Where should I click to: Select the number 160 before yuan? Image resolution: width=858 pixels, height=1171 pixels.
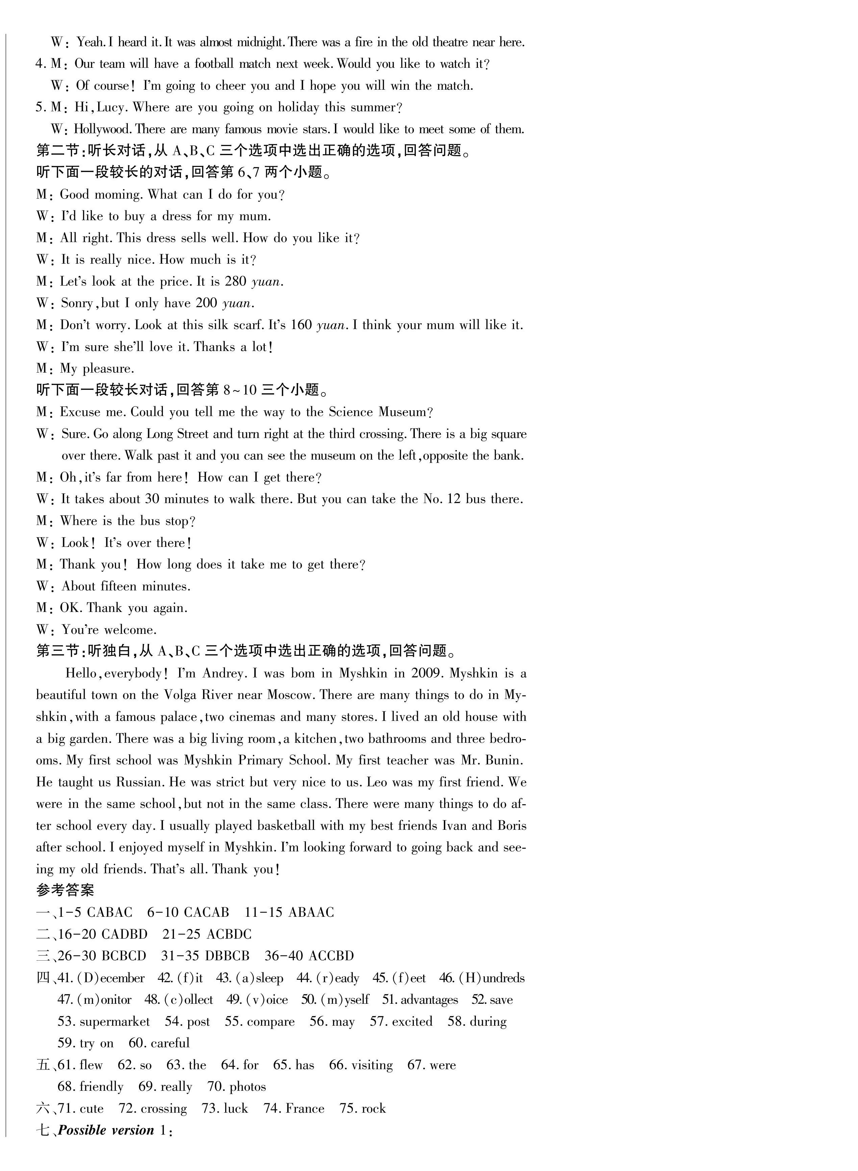coord(301,325)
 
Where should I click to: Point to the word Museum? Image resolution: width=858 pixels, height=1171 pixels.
coord(402,412)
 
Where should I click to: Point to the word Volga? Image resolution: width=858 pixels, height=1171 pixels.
coord(181,695)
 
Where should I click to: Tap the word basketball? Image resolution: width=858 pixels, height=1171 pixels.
coord(286,826)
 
